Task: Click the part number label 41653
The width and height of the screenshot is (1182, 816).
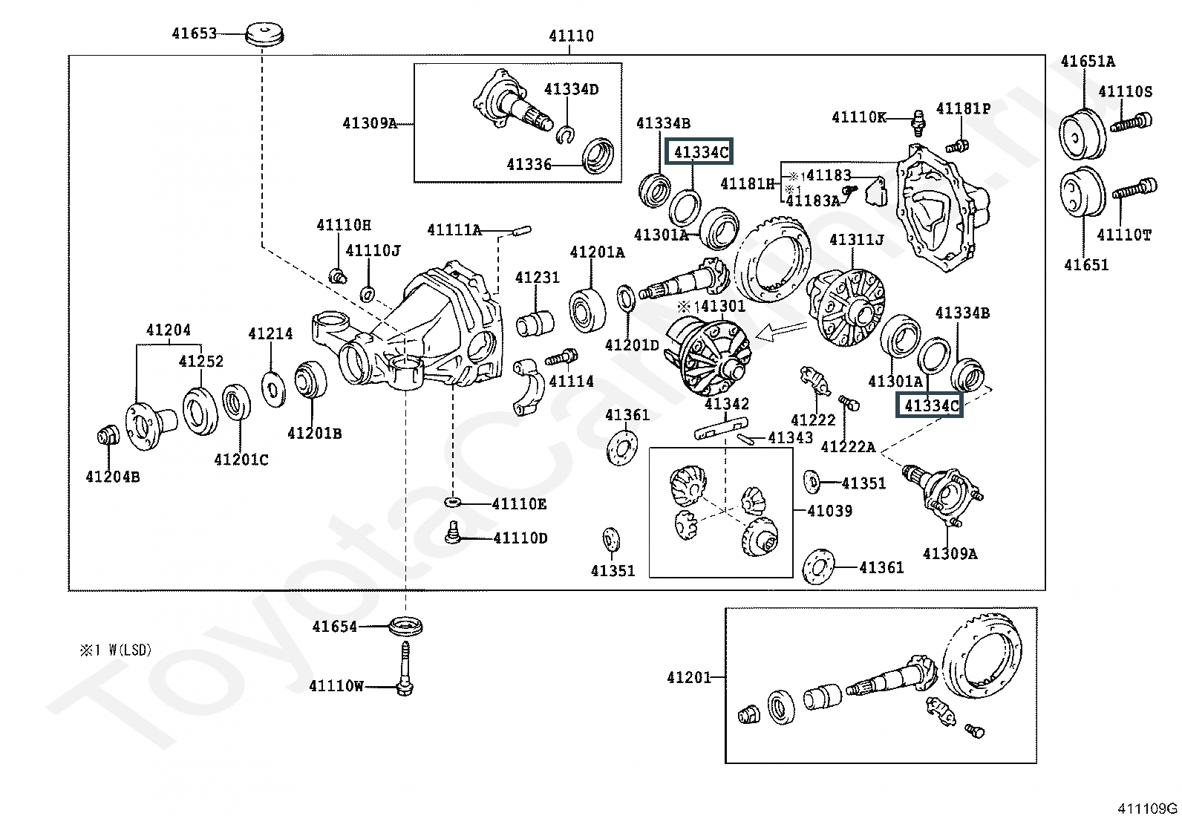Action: (194, 33)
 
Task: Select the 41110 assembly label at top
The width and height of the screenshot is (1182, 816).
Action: (571, 36)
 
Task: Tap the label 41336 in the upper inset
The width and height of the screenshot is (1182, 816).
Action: (529, 165)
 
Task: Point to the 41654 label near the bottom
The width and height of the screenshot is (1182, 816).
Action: (334, 627)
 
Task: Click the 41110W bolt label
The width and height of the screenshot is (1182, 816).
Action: (336, 686)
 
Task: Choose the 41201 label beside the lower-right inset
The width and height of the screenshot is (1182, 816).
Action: (688, 677)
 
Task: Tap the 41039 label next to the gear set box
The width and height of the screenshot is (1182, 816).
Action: (829, 511)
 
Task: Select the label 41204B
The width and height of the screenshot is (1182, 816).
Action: (112, 477)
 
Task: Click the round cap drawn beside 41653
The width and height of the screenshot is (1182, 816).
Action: (264, 34)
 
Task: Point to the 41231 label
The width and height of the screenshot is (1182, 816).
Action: (537, 278)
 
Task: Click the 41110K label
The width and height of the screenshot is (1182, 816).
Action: (858, 117)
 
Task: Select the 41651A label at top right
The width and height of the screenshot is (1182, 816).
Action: (1087, 62)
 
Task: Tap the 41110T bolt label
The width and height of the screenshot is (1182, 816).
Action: (1124, 235)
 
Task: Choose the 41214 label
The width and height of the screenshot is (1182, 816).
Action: (270, 334)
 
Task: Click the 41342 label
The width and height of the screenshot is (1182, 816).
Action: (726, 404)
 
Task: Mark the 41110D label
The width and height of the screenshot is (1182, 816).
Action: (520, 538)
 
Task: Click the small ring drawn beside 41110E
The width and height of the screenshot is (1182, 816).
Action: (453, 503)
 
